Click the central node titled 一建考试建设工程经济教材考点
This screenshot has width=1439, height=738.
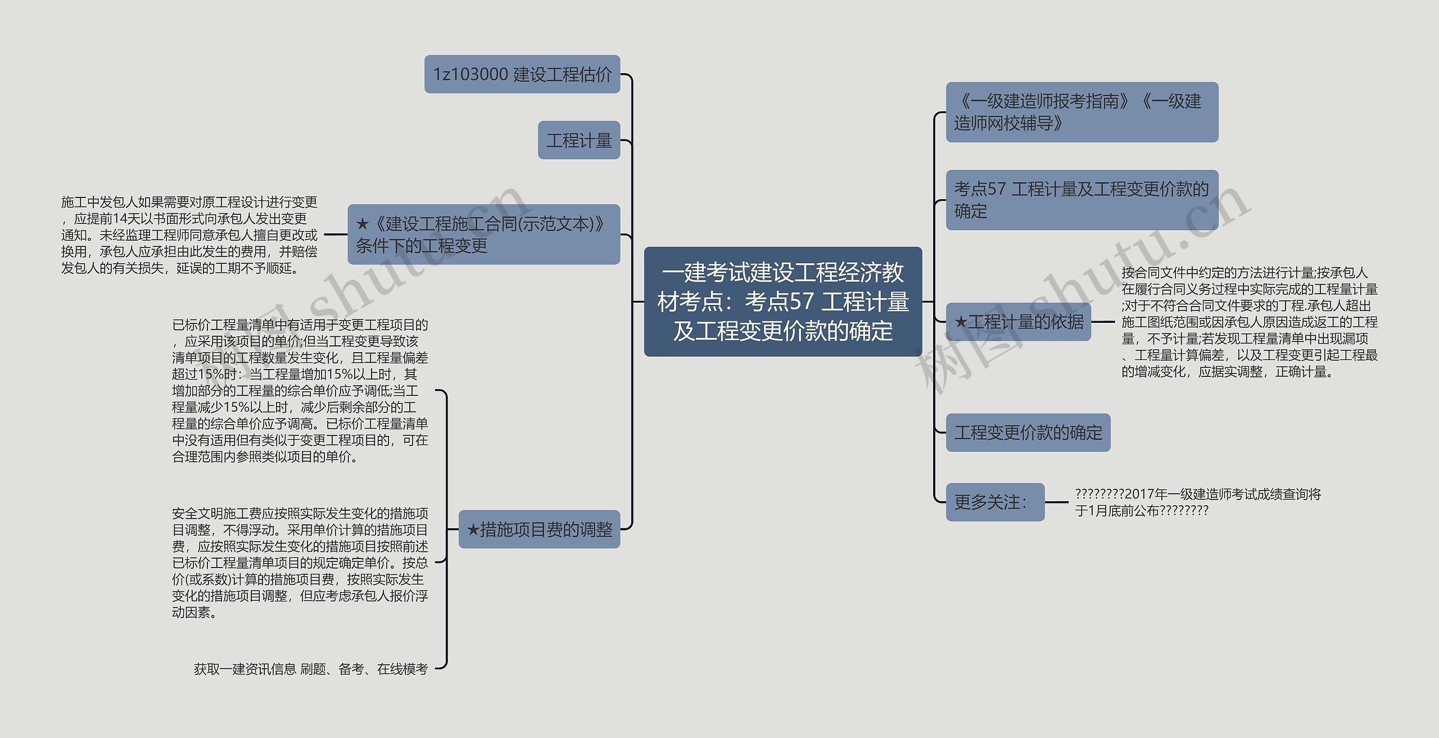782,301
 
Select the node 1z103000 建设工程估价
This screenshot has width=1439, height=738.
522,74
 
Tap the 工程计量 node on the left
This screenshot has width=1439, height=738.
578,140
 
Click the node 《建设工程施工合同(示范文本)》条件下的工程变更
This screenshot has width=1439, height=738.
483,235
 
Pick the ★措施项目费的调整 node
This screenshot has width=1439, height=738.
539,529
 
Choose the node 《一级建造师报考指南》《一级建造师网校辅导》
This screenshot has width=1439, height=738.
1081,112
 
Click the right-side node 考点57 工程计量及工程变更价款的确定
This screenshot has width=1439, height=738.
1081,200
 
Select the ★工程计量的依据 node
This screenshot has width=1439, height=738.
1018,322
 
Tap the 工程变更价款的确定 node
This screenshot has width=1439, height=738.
1028,433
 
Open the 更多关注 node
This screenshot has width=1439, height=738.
995,502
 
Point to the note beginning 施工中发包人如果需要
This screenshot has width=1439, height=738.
189,235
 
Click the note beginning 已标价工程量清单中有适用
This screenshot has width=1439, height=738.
300,391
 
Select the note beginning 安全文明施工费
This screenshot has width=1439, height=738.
300,562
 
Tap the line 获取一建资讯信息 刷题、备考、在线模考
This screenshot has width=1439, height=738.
311,669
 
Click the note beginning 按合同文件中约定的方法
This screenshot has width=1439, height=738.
1249,322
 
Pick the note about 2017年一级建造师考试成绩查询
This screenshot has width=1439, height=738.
1197,502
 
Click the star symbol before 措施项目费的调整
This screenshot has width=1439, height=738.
473,530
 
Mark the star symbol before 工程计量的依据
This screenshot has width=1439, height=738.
961,322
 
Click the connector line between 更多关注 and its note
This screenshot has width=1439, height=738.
1056,502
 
